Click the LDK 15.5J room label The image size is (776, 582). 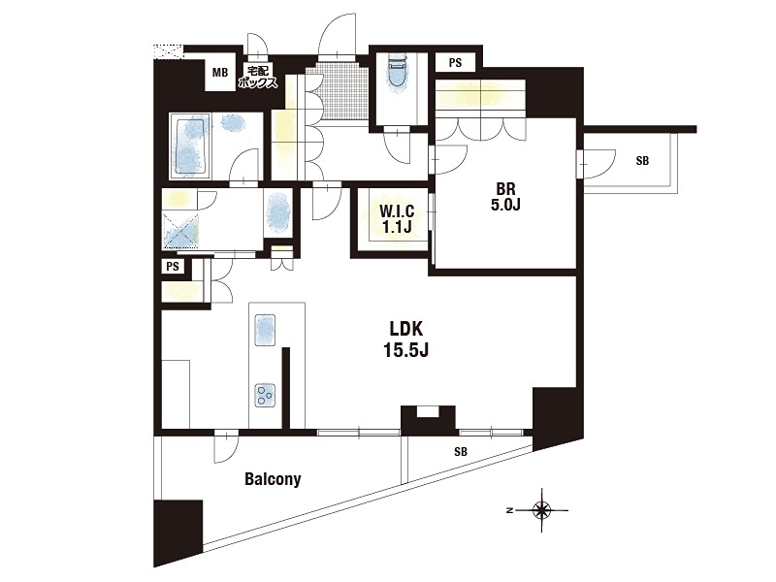(x=405, y=339)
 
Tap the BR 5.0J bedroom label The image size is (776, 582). (x=505, y=197)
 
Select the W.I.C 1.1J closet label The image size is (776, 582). (x=397, y=219)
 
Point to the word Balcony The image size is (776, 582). (x=273, y=479)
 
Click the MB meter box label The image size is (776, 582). (x=220, y=72)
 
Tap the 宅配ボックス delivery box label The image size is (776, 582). (x=257, y=77)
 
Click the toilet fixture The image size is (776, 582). (x=397, y=71)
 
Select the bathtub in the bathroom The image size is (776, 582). (x=190, y=146)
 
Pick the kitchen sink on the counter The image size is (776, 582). (x=265, y=331)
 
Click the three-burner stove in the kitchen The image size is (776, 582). (x=265, y=396)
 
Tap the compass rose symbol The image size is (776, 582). (x=542, y=510)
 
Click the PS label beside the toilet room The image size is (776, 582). (x=455, y=62)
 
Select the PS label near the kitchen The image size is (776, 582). (x=173, y=267)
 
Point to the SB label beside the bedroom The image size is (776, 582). (x=642, y=160)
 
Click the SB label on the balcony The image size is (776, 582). (x=460, y=451)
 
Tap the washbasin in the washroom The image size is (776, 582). (x=278, y=213)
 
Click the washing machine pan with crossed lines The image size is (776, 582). (x=180, y=231)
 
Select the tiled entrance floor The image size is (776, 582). (x=338, y=92)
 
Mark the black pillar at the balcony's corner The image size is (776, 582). (x=178, y=533)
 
